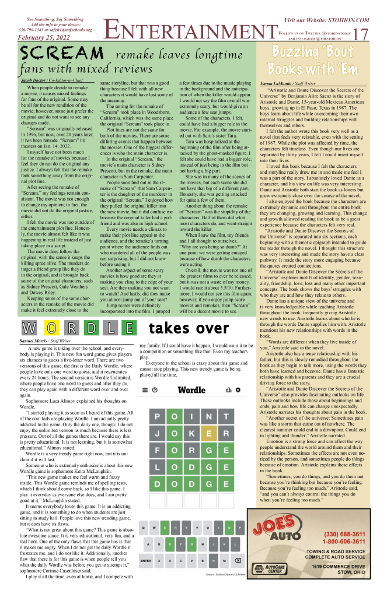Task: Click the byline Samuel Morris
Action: coord(34,339)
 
